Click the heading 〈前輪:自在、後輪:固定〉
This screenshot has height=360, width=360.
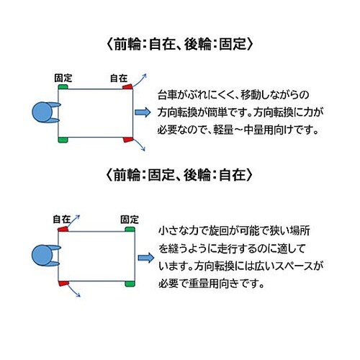click(179, 42)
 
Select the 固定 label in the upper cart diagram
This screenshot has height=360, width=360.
click(63, 76)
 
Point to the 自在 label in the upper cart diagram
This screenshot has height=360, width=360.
click(119, 76)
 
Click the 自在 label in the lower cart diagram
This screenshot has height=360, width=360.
click(61, 217)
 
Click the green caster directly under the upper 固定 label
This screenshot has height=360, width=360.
click(63, 86)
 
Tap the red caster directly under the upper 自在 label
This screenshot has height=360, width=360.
click(127, 86)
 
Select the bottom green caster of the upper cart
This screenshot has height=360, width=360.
click(63, 138)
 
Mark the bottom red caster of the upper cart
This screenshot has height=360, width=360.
click(127, 138)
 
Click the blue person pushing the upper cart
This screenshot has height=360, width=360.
click(45, 112)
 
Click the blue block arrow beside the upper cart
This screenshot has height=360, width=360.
click(143, 112)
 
